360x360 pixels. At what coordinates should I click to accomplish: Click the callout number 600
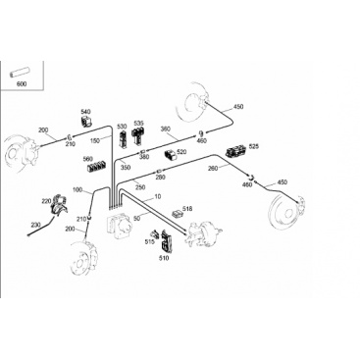[x=22, y=84]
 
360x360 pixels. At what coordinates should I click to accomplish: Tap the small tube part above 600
[x=20, y=74]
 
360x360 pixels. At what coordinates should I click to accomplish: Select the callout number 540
[x=85, y=112]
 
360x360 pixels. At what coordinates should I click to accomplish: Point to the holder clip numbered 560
[x=96, y=167]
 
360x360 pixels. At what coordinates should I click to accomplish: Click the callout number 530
[x=122, y=127]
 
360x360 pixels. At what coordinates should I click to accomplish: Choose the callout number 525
[x=253, y=146]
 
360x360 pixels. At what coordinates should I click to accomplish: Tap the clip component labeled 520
[x=170, y=155]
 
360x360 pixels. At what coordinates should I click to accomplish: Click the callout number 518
[x=187, y=209]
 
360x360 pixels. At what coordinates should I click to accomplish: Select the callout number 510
[x=164, y=258]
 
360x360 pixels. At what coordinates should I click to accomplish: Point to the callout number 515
[x=149, y=241]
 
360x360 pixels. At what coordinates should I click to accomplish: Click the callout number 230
[x=36, y=225]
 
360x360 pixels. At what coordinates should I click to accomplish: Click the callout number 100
[x=77, y=189]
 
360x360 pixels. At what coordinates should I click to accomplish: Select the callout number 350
[x=126, y=168]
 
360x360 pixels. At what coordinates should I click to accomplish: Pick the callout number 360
[x=166, y=129]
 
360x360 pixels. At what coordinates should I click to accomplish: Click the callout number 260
[x=213, y=169]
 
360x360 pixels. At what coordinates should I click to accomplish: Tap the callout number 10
[x=158, y=196]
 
